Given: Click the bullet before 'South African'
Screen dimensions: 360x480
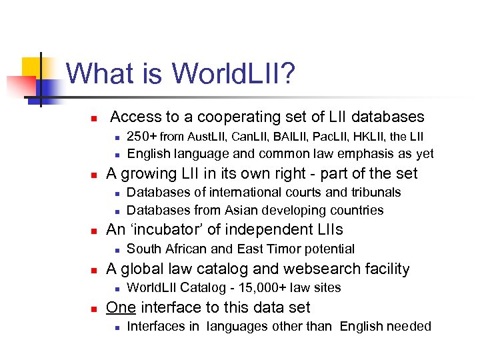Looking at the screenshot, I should point(116,250).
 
